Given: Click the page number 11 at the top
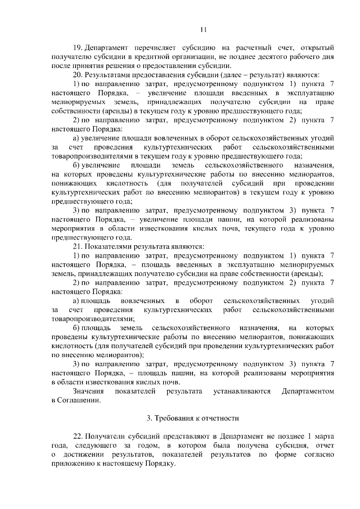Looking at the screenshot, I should (204, 30).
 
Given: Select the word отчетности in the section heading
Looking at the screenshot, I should (220, 418).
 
